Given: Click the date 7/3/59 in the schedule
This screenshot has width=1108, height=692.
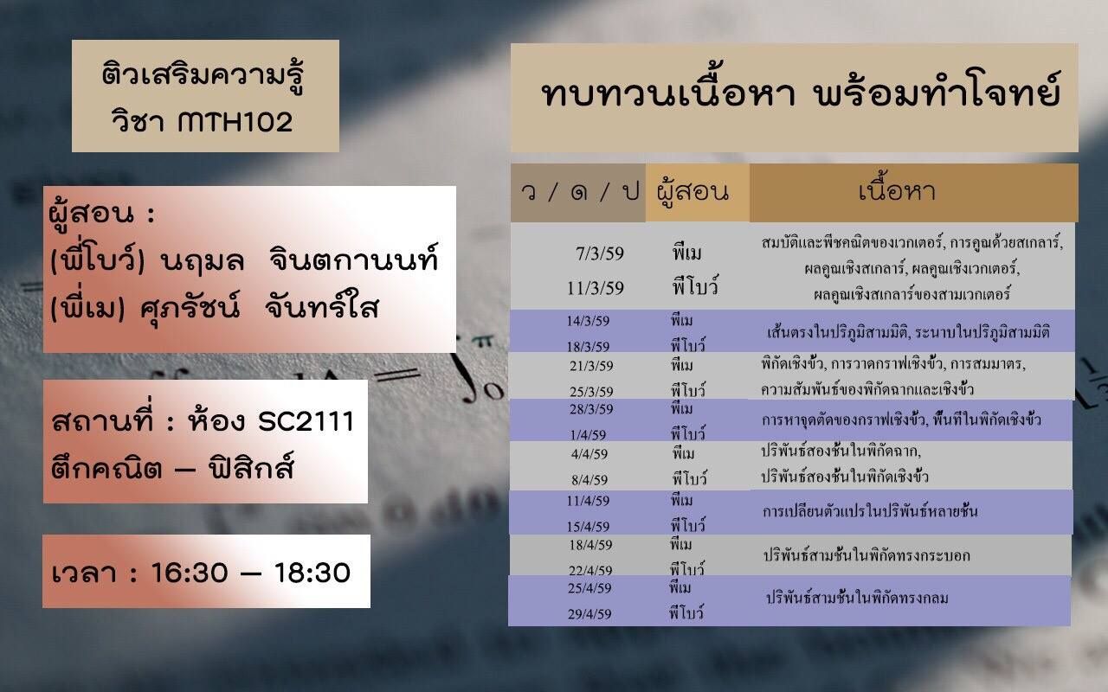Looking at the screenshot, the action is click(600, 253).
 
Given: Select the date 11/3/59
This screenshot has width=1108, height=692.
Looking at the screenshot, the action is click(596, 288).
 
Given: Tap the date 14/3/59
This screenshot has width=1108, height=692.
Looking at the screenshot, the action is click(588, 321).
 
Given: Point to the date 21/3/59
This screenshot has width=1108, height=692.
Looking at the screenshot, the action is click(591, 366).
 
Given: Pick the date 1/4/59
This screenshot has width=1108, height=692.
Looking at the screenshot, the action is click(588, 435).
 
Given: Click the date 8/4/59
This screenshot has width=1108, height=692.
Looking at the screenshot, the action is click(589, 479).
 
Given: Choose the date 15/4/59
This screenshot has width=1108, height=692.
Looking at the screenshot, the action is click(588, 527).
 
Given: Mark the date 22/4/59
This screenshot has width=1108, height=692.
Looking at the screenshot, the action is click(590, 570).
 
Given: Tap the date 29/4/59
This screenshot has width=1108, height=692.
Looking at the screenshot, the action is click(589, 614).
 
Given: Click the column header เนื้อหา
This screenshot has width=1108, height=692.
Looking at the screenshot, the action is click(898, 189).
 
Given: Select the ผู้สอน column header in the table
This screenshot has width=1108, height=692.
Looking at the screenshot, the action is click(693, 192).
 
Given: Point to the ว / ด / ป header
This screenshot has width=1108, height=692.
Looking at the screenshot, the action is click(580, 191).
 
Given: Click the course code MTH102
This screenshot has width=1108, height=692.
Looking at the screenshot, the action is click(235, 122).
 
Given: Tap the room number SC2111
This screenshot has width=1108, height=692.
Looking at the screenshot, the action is click(306, 421).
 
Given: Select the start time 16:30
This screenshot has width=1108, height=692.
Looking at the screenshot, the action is click(190, 573).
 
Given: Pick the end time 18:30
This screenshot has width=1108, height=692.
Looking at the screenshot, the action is click(312, 573).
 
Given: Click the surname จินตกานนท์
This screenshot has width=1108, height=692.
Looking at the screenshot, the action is click(354, 259).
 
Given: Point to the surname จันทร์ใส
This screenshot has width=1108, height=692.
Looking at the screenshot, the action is click(322, 306).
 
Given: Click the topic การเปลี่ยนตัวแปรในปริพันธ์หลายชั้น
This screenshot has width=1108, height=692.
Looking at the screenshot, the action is click(870, 511).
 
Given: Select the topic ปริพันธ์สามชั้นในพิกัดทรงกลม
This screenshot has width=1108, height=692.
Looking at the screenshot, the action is click(857, 598).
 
